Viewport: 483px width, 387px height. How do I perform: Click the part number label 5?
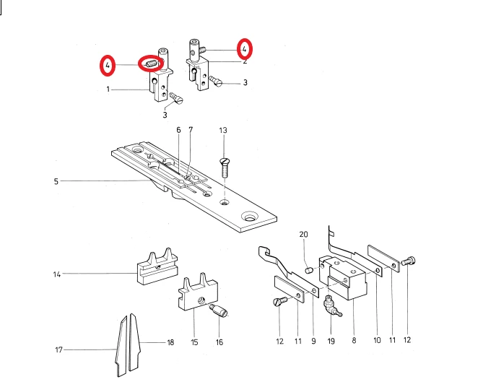(x=56, y=181)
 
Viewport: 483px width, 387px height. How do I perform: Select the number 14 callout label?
(x=56, y=274)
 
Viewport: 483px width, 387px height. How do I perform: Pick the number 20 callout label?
(x=303, y=235)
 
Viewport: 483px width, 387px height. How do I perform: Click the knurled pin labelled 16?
(x=219, y=311)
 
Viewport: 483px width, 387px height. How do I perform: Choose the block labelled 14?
(x=155, y=266)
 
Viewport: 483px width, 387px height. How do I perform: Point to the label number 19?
(x=331, y=339)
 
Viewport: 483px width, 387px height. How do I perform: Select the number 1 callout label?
(x=108, y=90)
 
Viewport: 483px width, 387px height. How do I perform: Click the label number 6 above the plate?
(x=178, y=130)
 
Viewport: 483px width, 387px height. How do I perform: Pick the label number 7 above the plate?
(x=191, y=130)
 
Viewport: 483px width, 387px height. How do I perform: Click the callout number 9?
(x=314, y=339)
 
